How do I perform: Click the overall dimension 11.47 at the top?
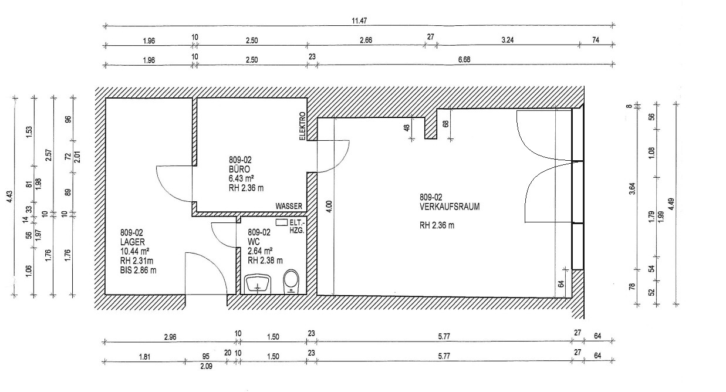tap(359, 21)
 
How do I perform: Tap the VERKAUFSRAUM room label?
tap(450, 207)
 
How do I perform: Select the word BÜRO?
tap(239, 169)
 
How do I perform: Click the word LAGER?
tap(132, 242)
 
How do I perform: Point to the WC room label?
tap(254, 242)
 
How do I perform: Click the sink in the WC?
tap(258, 284)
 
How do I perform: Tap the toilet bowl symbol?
tap(291, 281)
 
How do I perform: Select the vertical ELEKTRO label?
tap(302, 126)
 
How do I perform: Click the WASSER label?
tap(289, 207)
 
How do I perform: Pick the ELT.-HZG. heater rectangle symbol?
tap(282, 222)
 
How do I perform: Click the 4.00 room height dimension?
tap(329, 207)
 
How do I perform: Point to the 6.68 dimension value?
tap(464, 60)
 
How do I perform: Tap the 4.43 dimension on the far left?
tap(9, 197)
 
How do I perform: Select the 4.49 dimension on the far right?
tap(671, 204)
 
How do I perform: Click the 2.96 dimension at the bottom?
tap(170, 337)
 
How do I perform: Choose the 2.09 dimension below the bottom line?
tap(206, 366)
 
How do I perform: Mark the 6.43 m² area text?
tap(241, 178)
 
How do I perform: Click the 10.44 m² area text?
tap(134, 251)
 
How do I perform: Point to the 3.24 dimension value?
tap(508, 40)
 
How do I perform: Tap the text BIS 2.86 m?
tap(138, 270)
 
